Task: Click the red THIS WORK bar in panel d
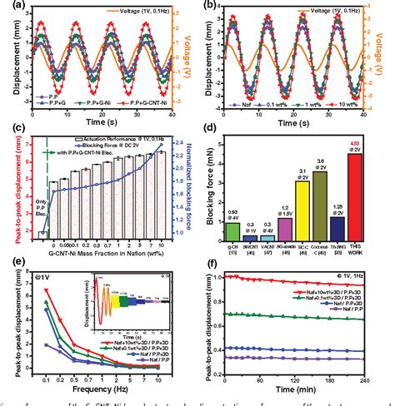pos(354,192)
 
